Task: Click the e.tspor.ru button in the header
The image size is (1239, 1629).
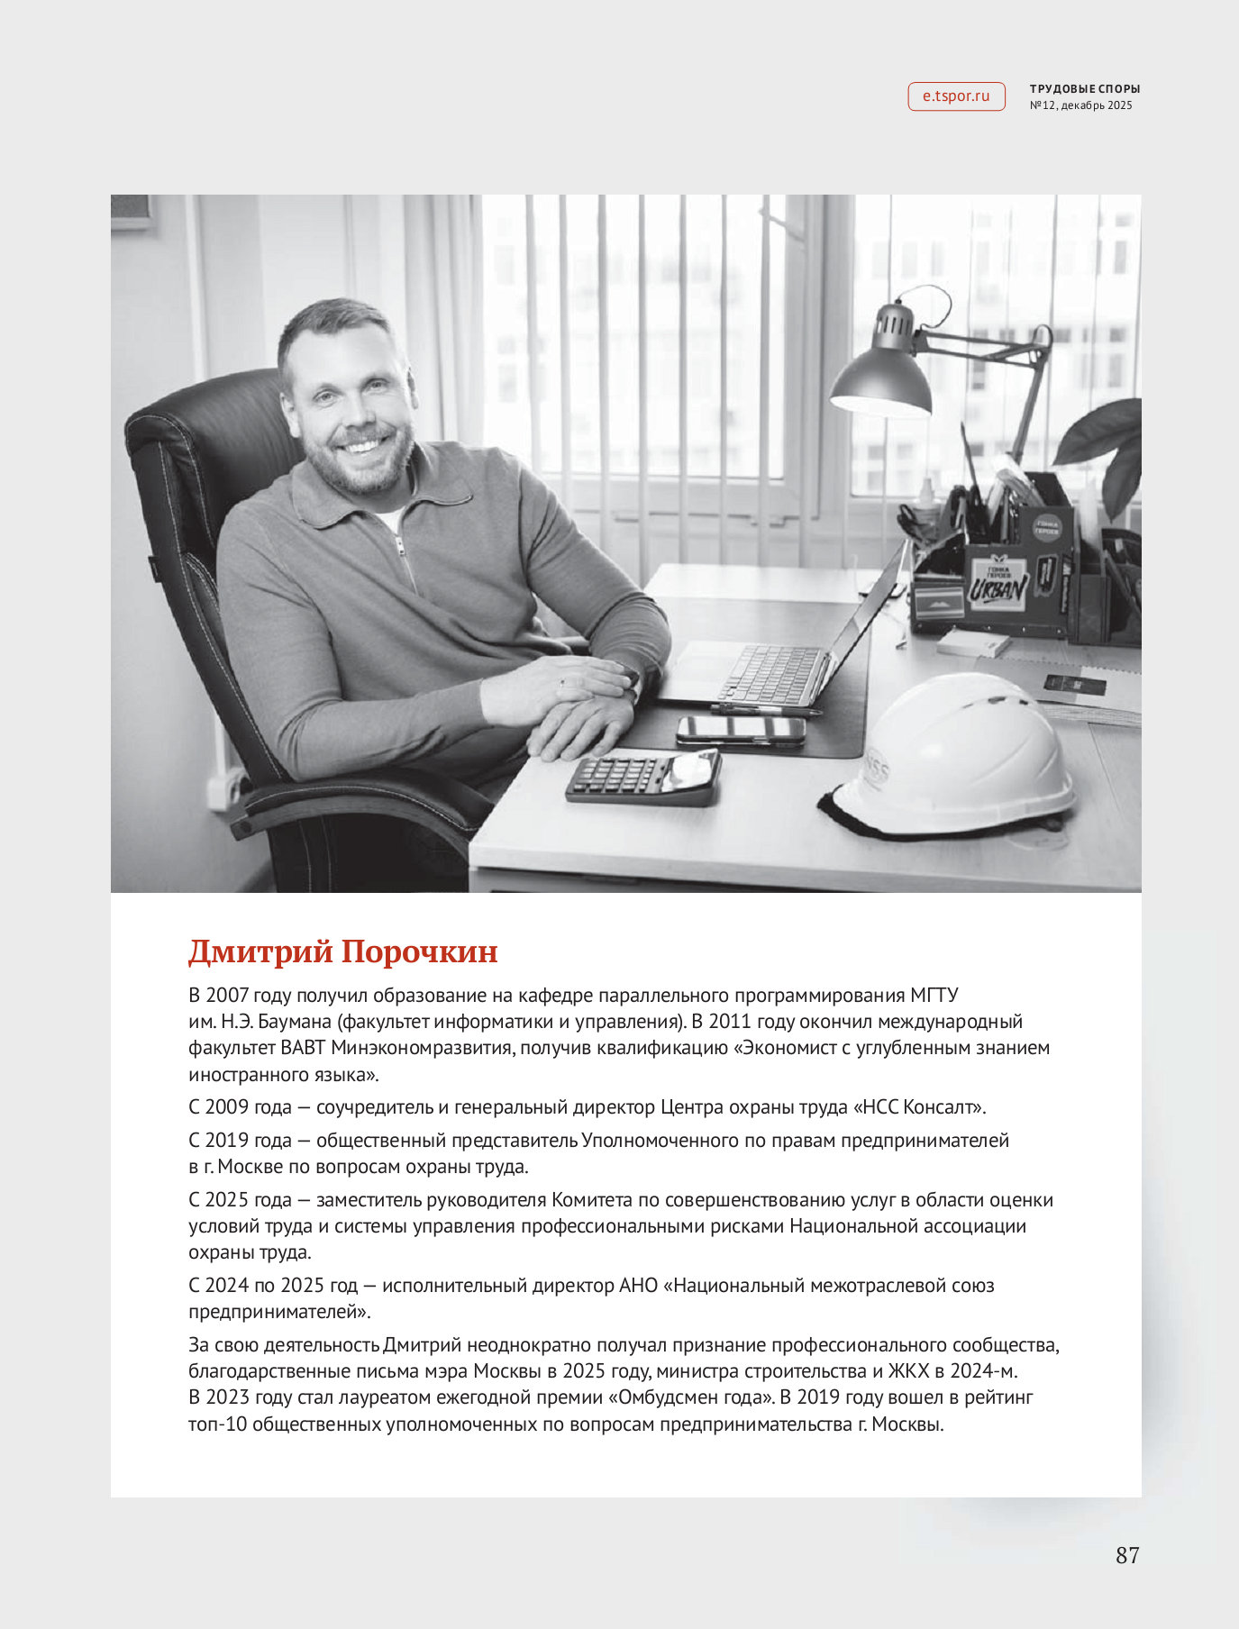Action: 956,96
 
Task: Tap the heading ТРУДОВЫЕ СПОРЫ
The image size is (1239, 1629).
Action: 1085,89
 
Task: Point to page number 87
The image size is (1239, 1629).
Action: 1127,1555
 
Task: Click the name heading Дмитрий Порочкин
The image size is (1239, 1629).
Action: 342,951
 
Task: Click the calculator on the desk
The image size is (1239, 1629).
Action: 643,776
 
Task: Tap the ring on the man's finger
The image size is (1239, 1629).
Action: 560,684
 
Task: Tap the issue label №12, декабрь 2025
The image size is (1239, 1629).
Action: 1080,105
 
